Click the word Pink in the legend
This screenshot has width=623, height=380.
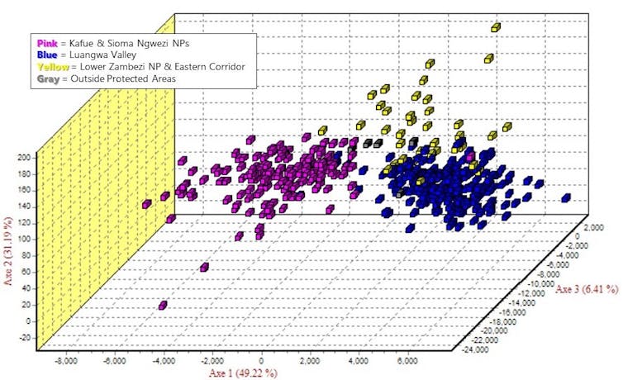(x=46, y=42)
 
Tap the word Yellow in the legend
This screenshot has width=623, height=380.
(x=51, y=66)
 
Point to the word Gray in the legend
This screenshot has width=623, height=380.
(x=48, y=78)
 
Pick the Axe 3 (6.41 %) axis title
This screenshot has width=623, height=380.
(x=589, y=289)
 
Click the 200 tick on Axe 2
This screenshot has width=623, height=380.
(x=23, y=156)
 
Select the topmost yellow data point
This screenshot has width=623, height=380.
(x=496, y=27)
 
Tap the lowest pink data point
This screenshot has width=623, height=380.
(x=163, y=306)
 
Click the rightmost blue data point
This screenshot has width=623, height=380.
(x=566, y=197)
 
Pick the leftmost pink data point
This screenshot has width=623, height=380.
(x=146, y=204)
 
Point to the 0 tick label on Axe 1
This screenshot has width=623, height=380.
(x=262, y=361)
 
